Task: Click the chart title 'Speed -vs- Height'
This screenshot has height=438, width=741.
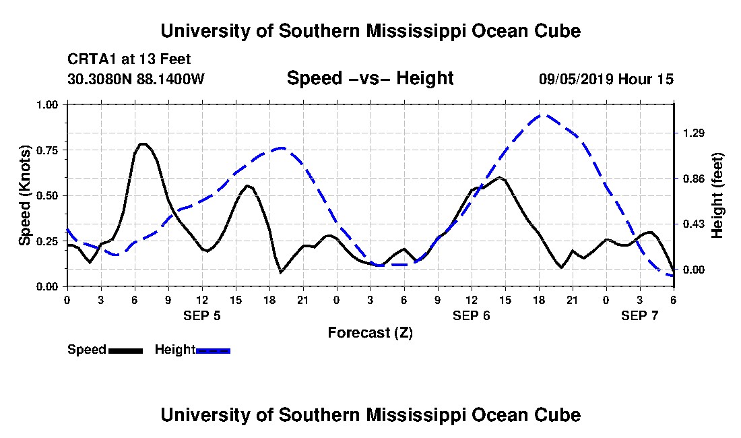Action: coord(370,78)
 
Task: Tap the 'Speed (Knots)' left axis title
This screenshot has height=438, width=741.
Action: coord(25,195)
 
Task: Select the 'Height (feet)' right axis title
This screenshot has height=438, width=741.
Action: coord(717,195)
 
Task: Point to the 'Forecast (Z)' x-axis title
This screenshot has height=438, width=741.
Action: coord(370,332)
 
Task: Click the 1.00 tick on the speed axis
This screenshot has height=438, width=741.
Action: coord(49,104)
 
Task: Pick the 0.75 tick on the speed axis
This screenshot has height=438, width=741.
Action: coord(49,150)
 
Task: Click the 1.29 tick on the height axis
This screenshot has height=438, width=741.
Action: coord(692,133)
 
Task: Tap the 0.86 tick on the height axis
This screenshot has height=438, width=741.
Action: coord(692,179)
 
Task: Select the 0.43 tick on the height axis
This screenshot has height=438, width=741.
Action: coord(692,224)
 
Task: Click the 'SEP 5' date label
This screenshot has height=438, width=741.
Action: coord(202,315)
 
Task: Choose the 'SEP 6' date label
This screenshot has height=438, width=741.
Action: coord(472,315)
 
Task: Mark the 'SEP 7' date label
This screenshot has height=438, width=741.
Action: coord(640,315)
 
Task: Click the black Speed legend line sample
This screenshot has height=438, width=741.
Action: coord(125,350)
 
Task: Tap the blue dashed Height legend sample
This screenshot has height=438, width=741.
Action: coord(213,350)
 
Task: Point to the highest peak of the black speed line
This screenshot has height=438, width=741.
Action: coord(142,144)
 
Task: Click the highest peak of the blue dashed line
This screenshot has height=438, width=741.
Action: coord(543,115)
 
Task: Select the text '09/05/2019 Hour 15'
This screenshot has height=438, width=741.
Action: coord(606,80)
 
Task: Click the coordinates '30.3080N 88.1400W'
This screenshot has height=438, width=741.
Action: coord(136,80)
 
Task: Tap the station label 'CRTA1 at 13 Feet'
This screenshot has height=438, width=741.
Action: coord(129,59)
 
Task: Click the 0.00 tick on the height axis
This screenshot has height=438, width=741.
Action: coord(692,270)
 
